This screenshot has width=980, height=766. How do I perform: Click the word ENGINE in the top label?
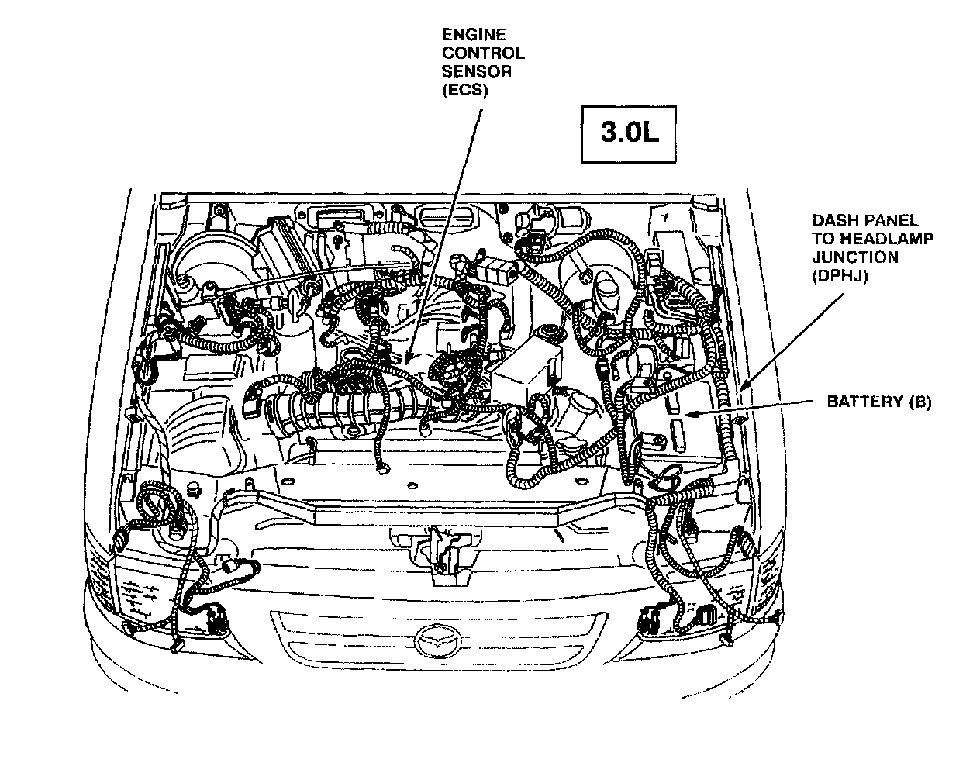(x=473, y=34)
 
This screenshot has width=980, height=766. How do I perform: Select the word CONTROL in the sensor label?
(x=482, y=53)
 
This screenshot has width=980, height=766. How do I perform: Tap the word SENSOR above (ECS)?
(x=476, y=71)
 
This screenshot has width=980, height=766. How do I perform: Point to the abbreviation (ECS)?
(x=464, y=90)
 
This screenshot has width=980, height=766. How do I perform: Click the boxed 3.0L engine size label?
(x=629, y=133)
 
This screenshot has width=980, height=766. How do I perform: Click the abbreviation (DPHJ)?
(x=839, y=275)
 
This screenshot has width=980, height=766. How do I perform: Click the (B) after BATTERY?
(x=918, y=402)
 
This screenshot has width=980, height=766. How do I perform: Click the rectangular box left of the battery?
(x=528, y=372)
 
